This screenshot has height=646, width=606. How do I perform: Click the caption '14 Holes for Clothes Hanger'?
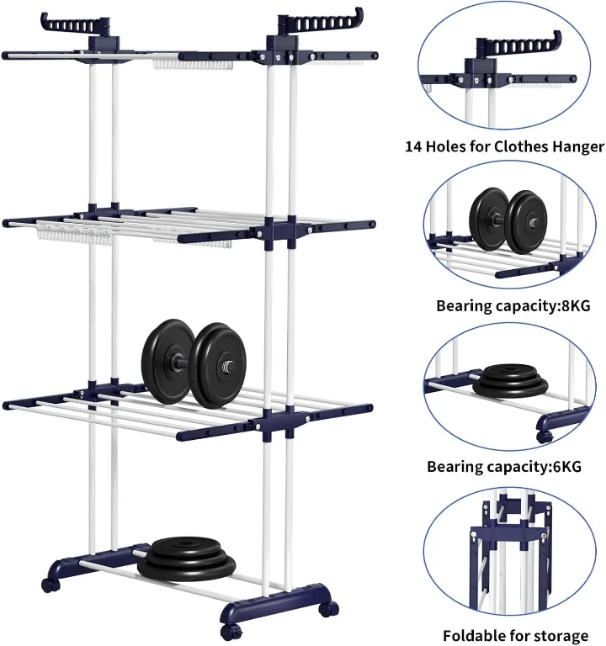pyautogui.click(x=504, y=146)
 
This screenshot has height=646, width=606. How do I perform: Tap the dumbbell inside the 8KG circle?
pyautogui.click(x=508, y=220)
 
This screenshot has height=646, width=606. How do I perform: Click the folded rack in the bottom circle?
pyautogui.click(x=505, y=555)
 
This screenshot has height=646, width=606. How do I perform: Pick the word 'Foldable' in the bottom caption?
pyautogui.click(x=473, y=635)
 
